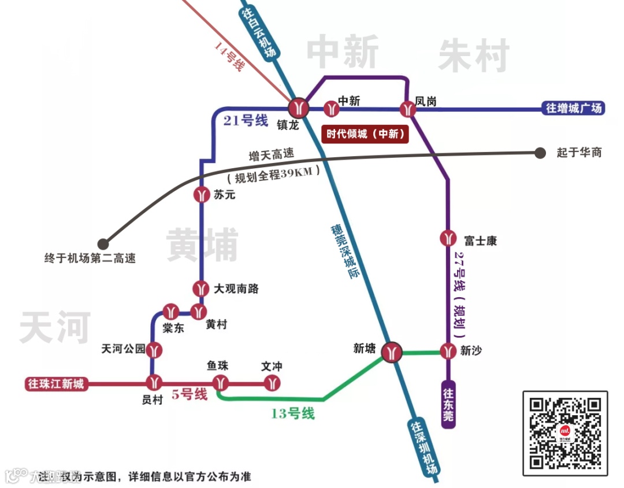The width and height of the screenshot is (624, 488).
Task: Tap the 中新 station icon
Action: [330, 108]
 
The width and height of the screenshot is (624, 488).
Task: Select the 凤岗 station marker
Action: [408, 108]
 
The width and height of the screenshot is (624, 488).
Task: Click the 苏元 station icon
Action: [201, 195]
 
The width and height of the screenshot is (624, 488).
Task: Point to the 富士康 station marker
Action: [448, 238]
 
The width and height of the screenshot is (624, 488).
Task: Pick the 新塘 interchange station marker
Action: [393, 352]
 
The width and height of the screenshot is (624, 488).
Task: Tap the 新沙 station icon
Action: [448, 351]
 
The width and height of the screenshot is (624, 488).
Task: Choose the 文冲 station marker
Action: [272, 382]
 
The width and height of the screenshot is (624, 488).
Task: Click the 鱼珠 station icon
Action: [221, 382]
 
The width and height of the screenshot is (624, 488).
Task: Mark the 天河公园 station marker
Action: [154, 349]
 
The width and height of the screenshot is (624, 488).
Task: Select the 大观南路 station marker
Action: [201, 287]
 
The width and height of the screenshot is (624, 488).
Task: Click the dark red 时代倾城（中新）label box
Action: [365, 134]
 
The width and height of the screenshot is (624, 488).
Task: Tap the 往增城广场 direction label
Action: [574, 108]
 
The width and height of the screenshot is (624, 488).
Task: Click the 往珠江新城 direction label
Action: [55, 384]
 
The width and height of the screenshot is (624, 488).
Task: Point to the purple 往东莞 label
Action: [448, 404]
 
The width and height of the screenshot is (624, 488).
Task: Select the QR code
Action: [565, 433]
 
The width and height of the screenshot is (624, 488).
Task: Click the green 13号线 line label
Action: [292, 413]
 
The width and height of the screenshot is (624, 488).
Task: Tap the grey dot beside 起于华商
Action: [540, 153]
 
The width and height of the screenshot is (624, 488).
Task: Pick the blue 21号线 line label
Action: [246, 121]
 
